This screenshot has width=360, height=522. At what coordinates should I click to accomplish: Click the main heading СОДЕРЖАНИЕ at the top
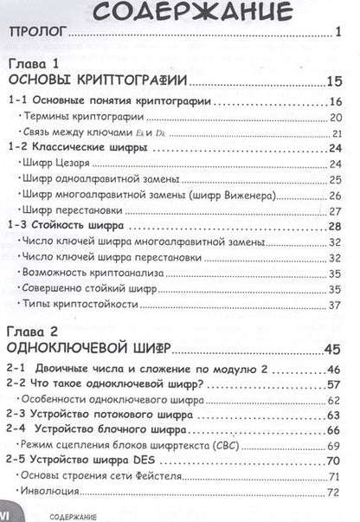coord(179,13)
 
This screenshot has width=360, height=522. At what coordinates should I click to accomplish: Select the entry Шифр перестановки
coord(72,210)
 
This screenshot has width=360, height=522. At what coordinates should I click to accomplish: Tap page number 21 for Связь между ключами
coord(337,132)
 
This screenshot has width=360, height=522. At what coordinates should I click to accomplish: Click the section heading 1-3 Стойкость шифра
coord(71,226)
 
